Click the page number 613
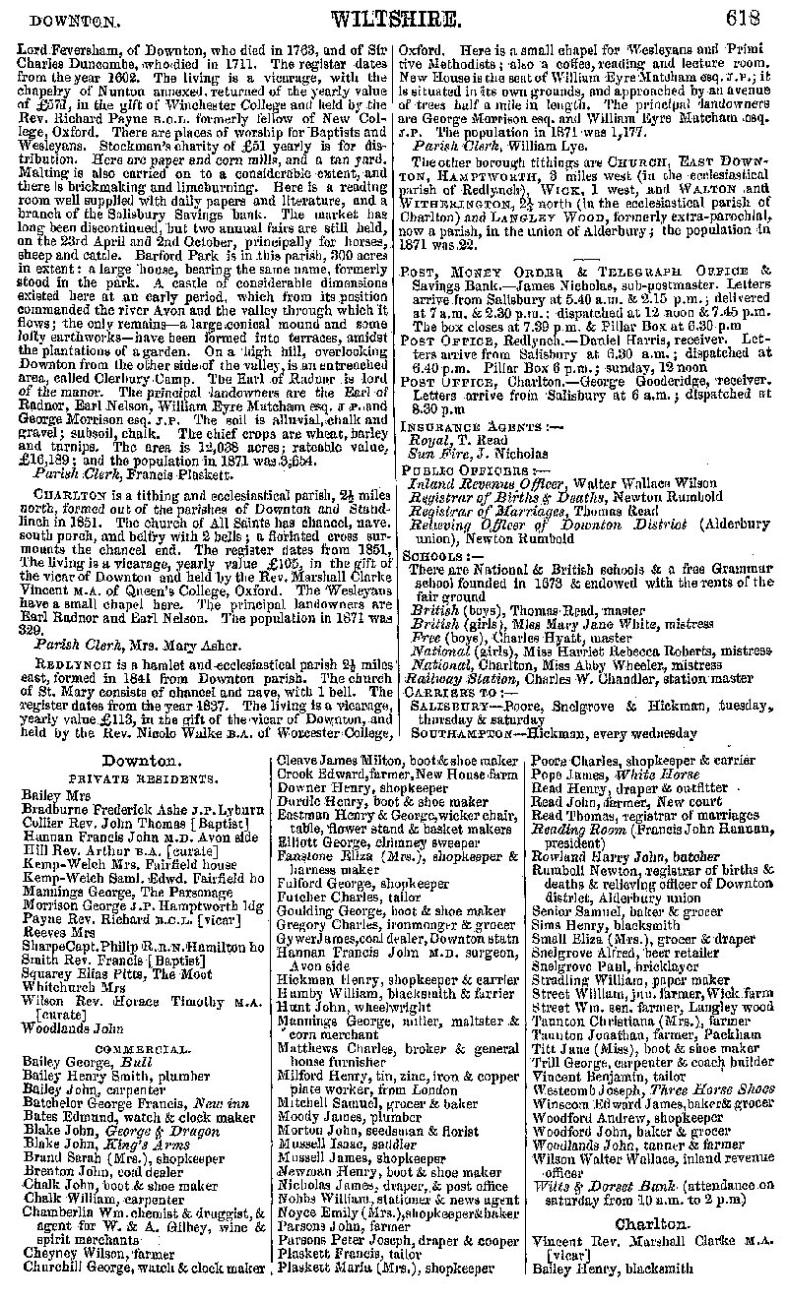click(x=744, y=17)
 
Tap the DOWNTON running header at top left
click(x=68, y=19)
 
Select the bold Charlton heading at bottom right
click(x=651, y=1223)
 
